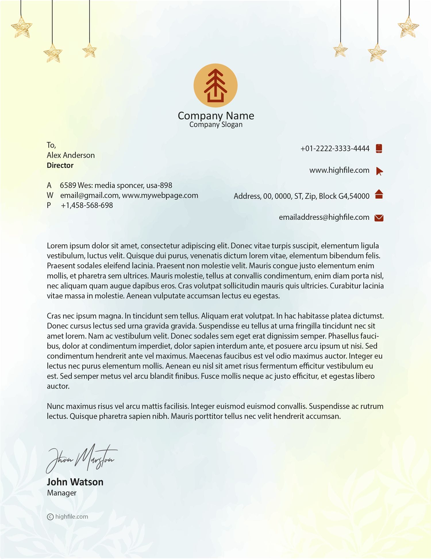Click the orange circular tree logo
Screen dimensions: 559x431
coord(215,85)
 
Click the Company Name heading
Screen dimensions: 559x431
coord(216,116)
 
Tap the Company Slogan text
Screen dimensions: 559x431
coord(216,125)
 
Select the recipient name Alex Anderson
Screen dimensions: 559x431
coord(71,155)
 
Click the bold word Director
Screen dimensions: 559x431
coord(60,165)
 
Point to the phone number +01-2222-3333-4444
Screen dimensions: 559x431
coord(335,149)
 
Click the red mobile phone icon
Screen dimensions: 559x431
coord(379,148)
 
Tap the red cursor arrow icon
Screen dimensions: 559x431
coord(379,171)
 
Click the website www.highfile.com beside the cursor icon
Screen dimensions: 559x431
coord(339,170)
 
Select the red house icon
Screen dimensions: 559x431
coord(379,194)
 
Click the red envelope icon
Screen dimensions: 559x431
coord(379,218)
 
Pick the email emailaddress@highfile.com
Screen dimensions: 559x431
coord(324,217)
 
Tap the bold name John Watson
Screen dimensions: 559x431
coord(75,482)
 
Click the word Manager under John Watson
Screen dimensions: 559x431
coord(61,493)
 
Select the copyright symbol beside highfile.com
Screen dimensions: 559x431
coord(50,517)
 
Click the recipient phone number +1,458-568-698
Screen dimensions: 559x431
coord(87,205)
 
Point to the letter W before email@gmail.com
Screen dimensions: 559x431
coord(50,196)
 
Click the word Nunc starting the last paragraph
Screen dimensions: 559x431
coord(56,406)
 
